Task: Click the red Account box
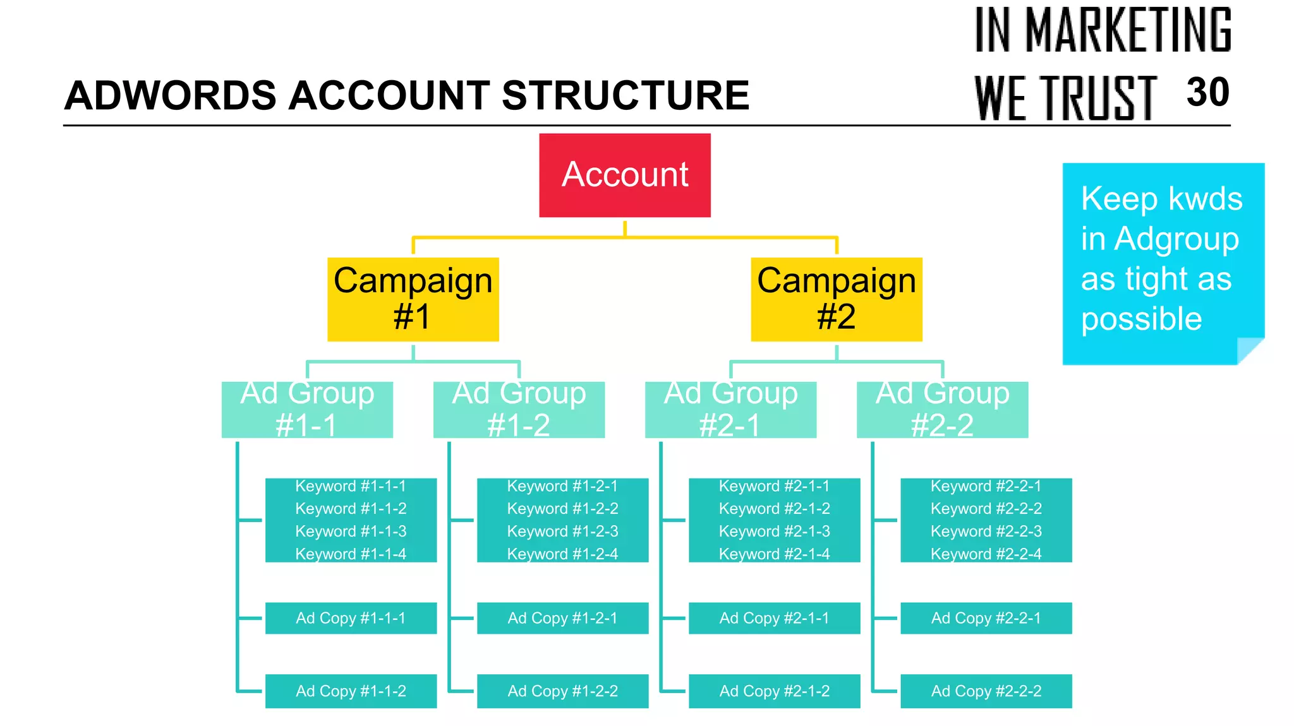click(624, 175)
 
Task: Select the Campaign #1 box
click(413, 299)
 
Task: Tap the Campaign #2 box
click(836, 299)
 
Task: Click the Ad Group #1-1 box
click(307, 409)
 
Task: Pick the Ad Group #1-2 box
click(519, 409)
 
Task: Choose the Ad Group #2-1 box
click(730, 409)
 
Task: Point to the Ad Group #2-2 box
click(942, 409)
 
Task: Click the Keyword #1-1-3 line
click(351, 532)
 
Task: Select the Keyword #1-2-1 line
click(562, 486)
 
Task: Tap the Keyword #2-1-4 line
click(774, 554)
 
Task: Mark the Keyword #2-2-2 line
click(986, 509)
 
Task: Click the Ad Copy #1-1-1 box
click(351, 618)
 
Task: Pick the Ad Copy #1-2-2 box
click(562, 691)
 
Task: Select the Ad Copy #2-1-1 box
click(774, 618)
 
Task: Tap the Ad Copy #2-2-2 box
click(986, 691)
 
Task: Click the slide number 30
click(1207, 93)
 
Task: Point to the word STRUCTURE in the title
click(625, 96)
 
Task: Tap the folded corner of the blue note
click(1249, 350)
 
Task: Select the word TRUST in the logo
click(1098, 98)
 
